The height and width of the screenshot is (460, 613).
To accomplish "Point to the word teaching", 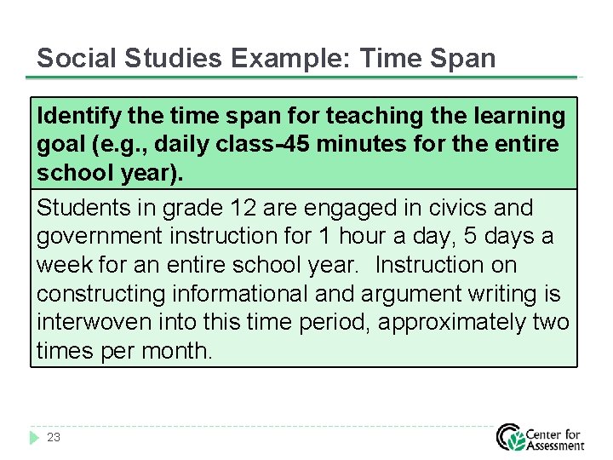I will coord(373,116).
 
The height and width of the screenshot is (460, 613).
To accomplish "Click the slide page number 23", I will coord(54,437).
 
